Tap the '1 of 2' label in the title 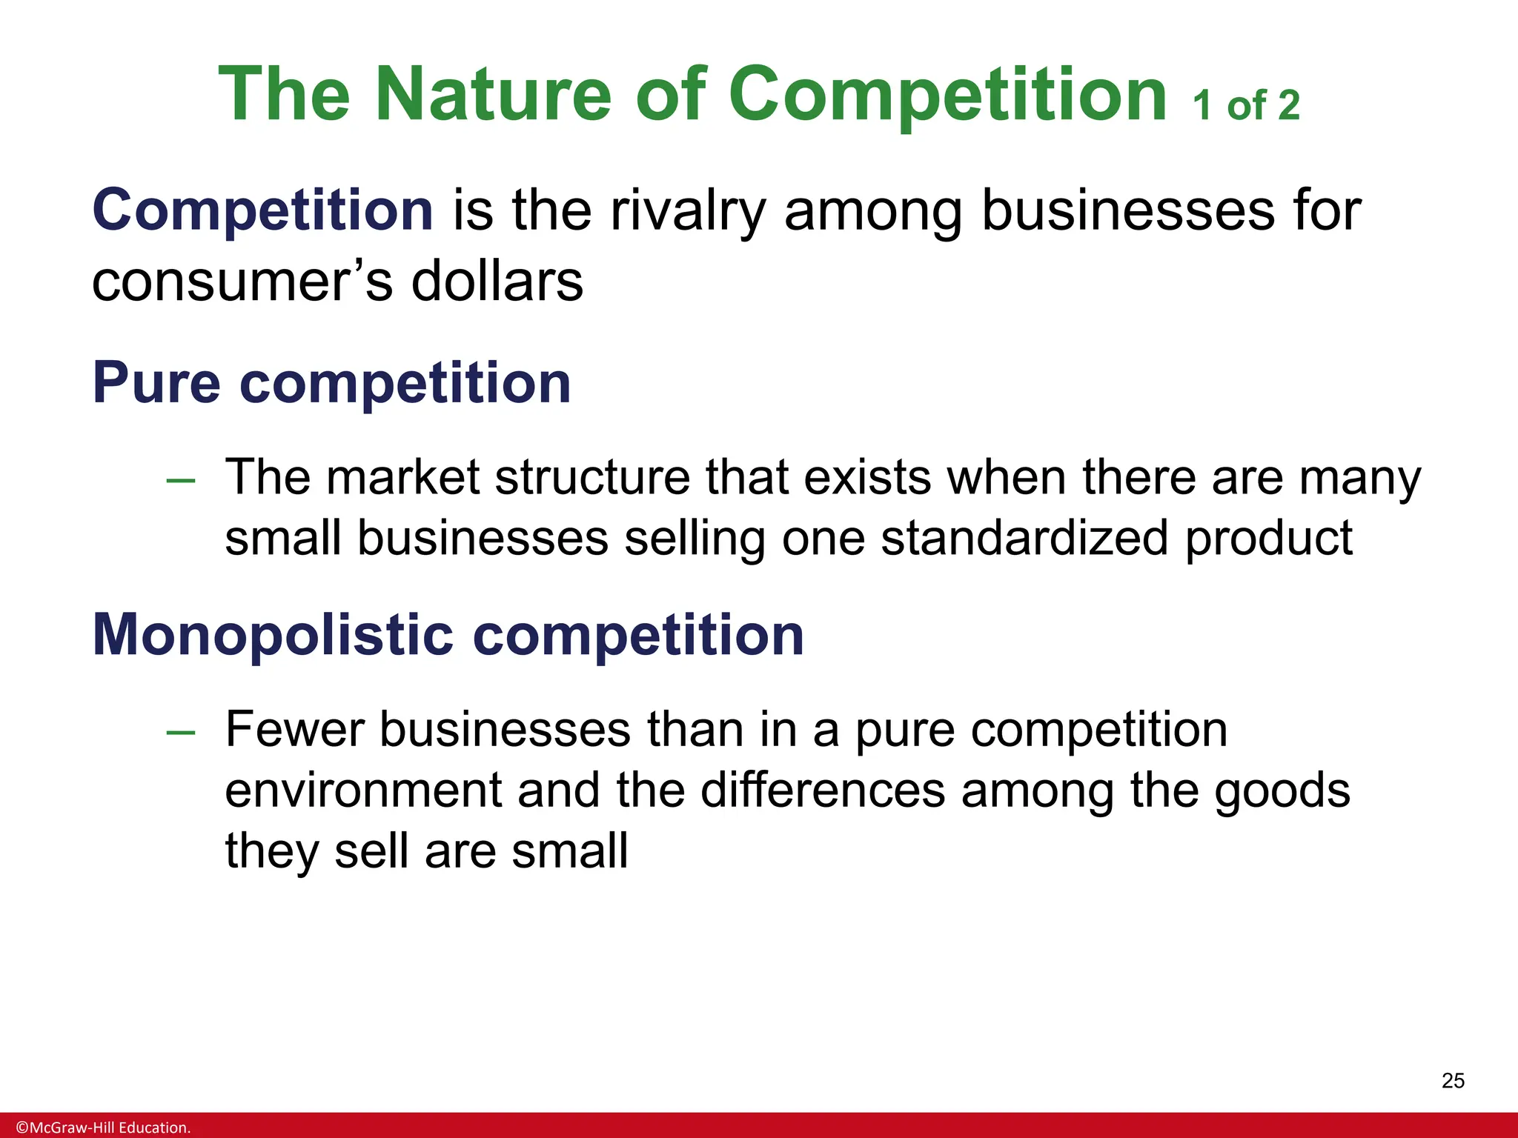coord(1246,105)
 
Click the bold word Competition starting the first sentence coord(262,210)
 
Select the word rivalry coord(688,211)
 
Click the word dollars coord(497,282)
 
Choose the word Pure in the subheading coord(156,383)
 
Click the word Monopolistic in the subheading coord(273,635)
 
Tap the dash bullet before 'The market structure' coord(181,481)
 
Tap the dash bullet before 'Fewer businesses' coord(181,733)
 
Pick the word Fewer coord(294,729)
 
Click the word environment coord(363,790)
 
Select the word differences coord(823,790)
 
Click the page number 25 coord(1453,1081)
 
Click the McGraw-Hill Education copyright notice coord(103,1128)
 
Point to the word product coord(1268,539)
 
